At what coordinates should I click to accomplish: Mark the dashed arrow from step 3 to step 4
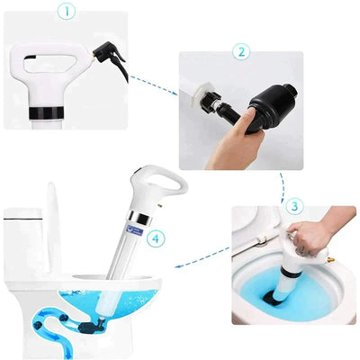[200, 262]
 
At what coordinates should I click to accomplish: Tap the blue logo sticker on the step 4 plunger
[135, 232]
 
